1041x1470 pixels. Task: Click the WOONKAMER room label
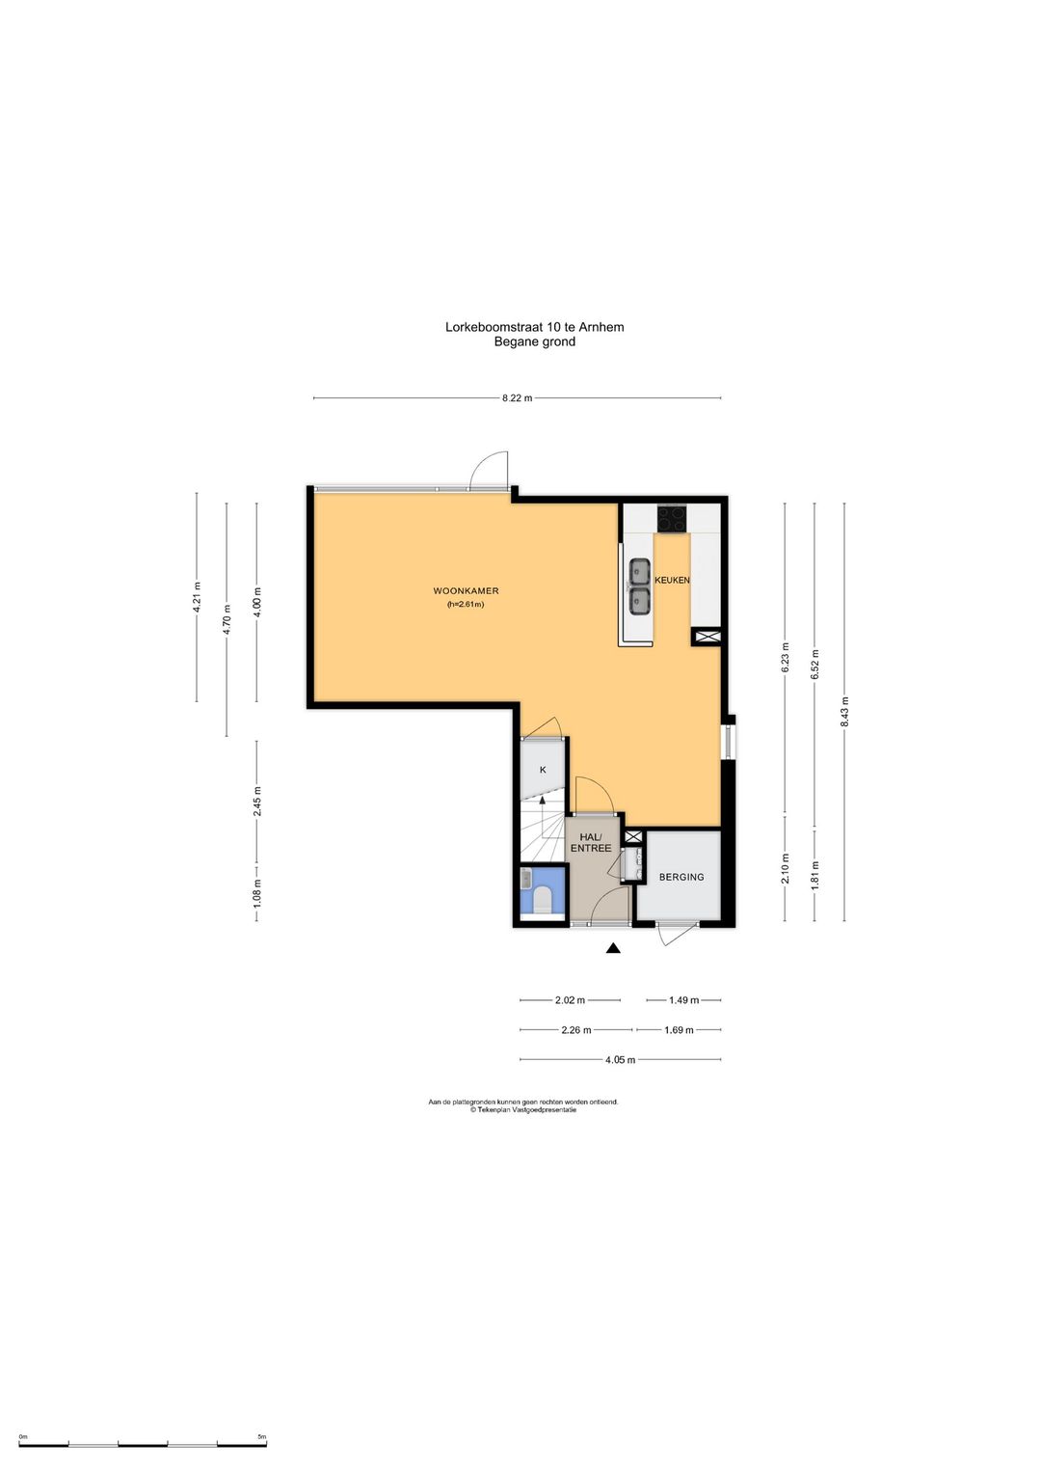click(466, 591)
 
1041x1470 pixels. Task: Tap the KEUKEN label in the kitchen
click(672, 580)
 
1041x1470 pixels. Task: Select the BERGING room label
click(681, 877)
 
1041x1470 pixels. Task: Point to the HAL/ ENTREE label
click(590, 843)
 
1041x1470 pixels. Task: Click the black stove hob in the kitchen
click(672, 518)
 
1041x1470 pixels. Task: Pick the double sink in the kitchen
click(640, 586)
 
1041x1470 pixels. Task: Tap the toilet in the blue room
click(542, 900)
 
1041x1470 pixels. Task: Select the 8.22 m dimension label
click(517, 397)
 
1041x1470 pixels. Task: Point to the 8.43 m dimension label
click(845, 712)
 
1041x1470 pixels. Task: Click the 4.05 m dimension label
click(620, 1059)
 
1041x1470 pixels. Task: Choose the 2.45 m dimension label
click(257, 802)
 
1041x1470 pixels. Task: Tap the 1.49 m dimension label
click(683, 1000)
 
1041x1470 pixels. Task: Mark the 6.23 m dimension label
click(786, 658)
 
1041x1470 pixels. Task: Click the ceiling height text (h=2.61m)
click(466, 605)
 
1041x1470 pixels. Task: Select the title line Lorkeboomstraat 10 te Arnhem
click(535, 327)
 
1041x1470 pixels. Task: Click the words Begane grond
click(535, 341)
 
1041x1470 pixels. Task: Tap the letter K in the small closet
click(543, 770)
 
